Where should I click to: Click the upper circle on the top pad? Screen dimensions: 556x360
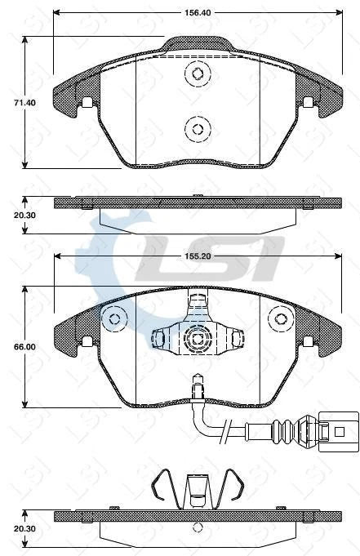[197, 74]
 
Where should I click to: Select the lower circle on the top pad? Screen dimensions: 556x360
[197, 127]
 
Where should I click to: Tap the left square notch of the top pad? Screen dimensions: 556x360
[86, 103]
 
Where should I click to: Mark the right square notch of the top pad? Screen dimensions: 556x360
[308, 103]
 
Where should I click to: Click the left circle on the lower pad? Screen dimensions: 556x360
[113, 318]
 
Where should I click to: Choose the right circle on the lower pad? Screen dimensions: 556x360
[282, 318]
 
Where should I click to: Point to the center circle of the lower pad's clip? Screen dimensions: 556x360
[197, 337]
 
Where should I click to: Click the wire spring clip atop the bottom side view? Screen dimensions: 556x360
[196, 487]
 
